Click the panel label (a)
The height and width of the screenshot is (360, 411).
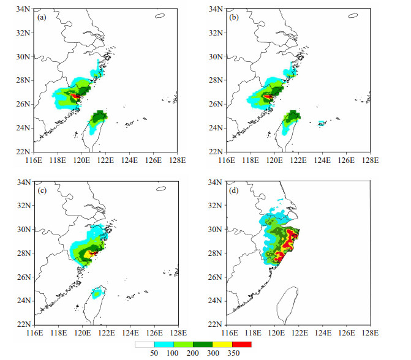click(42, 18)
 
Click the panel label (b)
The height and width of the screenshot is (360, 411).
click(234, 18)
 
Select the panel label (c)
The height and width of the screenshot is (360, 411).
click(42, 190)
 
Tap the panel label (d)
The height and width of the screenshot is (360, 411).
click(234, 190)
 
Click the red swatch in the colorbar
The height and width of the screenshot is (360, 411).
click(242, 344)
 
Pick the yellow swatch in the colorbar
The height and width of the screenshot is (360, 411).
click(222, 344)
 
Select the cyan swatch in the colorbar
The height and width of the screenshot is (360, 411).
click(164, 344)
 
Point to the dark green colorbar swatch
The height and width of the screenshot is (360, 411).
click(203, 344)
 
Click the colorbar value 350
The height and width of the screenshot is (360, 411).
click(233, 353)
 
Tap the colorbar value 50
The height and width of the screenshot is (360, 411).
click(154, 353)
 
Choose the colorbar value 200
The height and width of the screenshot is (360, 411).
click(193, 353)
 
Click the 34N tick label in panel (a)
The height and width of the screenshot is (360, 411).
click(23, 9)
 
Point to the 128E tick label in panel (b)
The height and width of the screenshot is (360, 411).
click(371, 160)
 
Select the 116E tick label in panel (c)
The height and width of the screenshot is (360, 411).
click(34, 333)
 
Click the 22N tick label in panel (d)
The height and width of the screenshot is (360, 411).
click(215, 324)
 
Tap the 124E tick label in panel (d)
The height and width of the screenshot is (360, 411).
click(323, 333)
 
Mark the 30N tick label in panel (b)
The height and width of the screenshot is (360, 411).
click(216, 56)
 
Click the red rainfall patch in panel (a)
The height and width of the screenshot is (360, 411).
click(75, 96)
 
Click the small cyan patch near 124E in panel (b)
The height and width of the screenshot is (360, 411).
click(322, 123)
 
